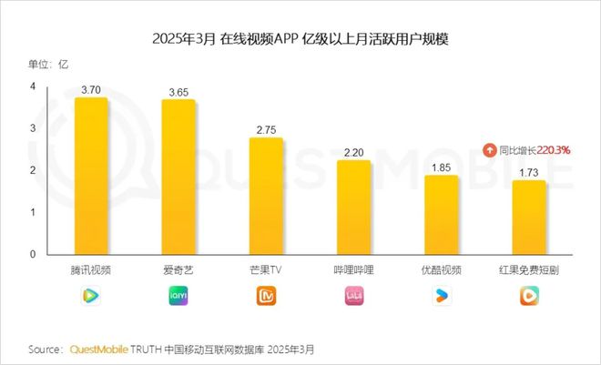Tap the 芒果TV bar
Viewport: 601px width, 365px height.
tap(266, 196)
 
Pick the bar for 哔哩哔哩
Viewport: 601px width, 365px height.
tap(354, 208)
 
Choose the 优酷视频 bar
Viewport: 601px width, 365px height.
tap(442, 215)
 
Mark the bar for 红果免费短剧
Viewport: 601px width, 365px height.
tap(529, 218)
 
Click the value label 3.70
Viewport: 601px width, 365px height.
tap(91, 90)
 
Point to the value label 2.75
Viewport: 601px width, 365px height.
tap(266, 130)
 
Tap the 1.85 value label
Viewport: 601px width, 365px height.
tap(442, 167)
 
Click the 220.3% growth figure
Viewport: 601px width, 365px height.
tap(553, 150)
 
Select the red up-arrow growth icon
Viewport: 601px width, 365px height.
tap(490, 150)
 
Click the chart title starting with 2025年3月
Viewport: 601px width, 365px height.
tap(300, 40)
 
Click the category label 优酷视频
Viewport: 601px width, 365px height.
tap(442, 270)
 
